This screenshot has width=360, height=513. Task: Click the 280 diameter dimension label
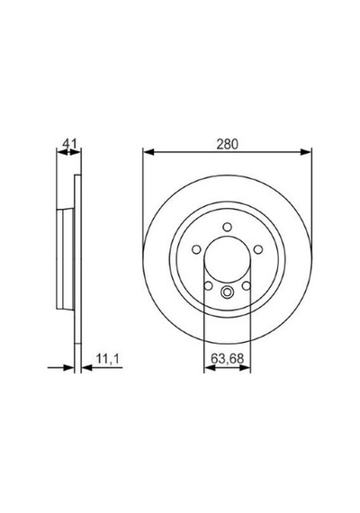click(x=227, y=144)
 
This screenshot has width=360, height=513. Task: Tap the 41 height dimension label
click(x=69, y=143)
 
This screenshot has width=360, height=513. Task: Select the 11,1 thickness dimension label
click(x=108, y=359)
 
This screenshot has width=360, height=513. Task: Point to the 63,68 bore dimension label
click(x=227, y=358)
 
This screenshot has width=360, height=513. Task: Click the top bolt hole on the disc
click(x=227, y=227)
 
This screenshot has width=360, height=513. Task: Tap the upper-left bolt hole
click(x=196, y=249)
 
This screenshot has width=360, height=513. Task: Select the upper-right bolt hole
click(x=258, y=249)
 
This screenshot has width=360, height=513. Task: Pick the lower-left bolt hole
click(x=208, y=286)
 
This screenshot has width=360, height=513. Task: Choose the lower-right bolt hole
click(x=246, y=286)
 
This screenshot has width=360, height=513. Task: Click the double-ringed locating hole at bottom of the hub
click(x=227, y=292)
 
